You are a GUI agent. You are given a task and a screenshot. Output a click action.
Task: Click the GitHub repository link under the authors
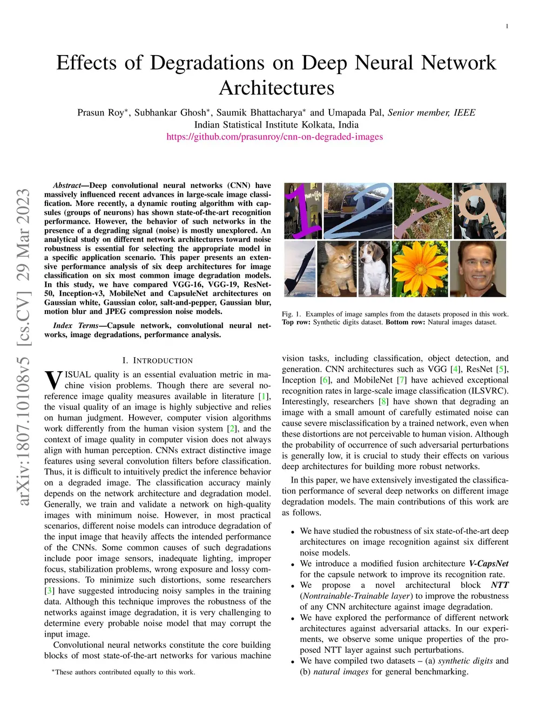coord(274,137)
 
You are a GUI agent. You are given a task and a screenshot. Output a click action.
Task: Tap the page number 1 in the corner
coord(507,26)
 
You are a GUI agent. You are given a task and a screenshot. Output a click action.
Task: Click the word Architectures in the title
coord(276,88)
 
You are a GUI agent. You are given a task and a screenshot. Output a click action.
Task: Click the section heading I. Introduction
coord(157,360)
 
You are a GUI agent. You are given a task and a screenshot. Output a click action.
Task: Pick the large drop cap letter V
coord(53,380)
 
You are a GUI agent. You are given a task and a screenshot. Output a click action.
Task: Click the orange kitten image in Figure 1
coord(336,269)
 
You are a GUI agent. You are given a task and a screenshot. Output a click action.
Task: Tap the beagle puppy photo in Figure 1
coord(374,269)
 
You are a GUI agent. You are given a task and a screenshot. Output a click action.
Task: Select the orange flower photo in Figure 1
coord(420,269)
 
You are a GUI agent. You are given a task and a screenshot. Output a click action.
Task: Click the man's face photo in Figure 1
coord(478,269)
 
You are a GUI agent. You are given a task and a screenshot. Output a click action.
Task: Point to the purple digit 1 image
coord(302,211)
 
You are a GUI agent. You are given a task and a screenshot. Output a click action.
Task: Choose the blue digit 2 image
coord(358,211)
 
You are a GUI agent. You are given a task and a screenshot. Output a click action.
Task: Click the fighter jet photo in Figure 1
coord(300,269)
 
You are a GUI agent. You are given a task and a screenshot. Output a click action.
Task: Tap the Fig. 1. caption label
coord(292,314)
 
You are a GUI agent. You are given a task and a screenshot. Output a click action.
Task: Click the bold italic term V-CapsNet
coord(488,564)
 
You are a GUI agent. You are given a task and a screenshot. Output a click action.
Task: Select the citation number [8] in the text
coord(383,402)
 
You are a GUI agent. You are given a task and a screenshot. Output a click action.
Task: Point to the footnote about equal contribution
coord(123,672)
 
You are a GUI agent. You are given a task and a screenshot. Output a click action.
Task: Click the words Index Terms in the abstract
coord(76,325)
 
